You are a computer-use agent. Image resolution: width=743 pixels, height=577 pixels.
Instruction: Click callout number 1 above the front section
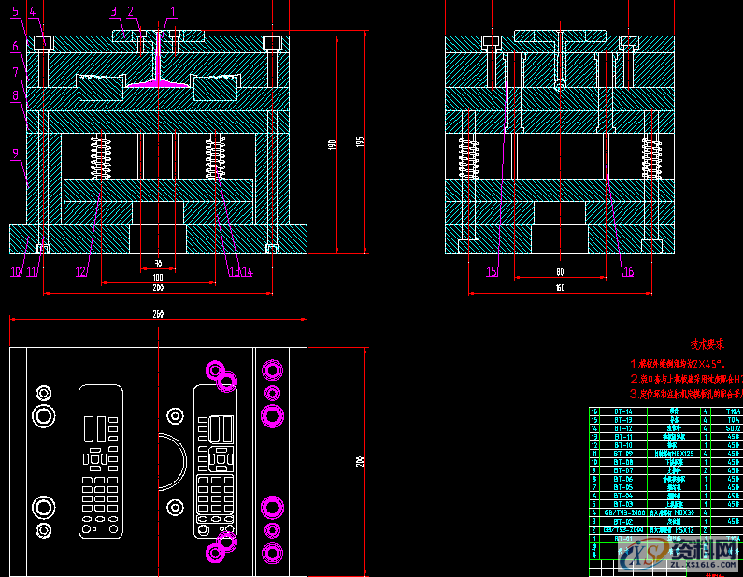[172, 11]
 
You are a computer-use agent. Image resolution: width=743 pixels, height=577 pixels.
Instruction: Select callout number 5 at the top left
[16, 11]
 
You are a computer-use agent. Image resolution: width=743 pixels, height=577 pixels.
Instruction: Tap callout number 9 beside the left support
[16, 151]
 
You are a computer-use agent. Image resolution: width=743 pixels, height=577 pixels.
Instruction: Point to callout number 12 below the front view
[81, 272]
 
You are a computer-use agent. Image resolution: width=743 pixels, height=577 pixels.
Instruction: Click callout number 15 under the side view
[492, 272]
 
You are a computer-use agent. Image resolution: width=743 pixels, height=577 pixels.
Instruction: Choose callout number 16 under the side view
[628, 272]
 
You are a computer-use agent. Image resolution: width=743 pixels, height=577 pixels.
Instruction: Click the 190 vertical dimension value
[332, 144]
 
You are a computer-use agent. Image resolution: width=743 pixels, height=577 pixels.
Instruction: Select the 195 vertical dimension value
[360, 141]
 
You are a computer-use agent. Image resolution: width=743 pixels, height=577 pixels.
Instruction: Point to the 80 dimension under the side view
[560, 272]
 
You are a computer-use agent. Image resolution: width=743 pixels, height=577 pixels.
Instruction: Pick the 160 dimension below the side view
[560, 288]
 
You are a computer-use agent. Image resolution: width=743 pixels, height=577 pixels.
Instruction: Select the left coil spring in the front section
[101, 156]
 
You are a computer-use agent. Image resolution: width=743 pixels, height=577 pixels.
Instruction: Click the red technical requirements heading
[708, 344]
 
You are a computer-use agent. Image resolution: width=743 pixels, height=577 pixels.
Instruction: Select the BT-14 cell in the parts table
[622, 411]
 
